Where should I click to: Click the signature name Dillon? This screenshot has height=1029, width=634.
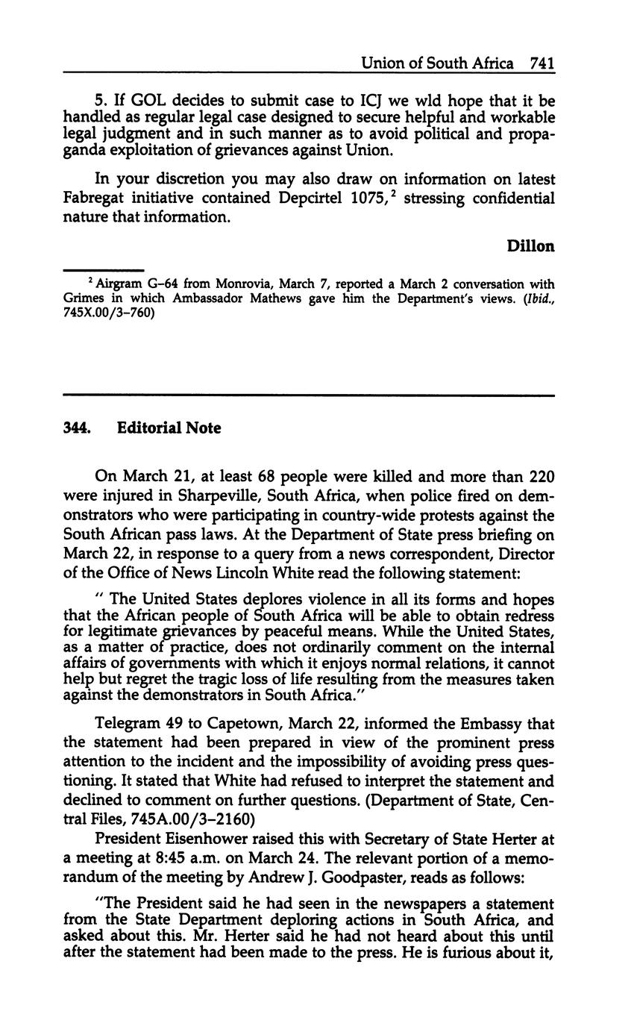530,245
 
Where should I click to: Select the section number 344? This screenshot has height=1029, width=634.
77,428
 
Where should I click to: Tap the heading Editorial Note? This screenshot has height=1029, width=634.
169,428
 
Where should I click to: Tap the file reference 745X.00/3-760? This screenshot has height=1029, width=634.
109,313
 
